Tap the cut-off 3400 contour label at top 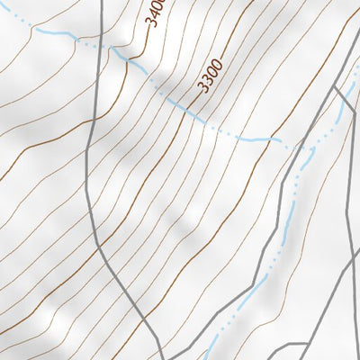tap(154, 13)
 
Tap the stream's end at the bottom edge tap(209, 357)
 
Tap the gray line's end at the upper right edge tap(358, 59)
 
